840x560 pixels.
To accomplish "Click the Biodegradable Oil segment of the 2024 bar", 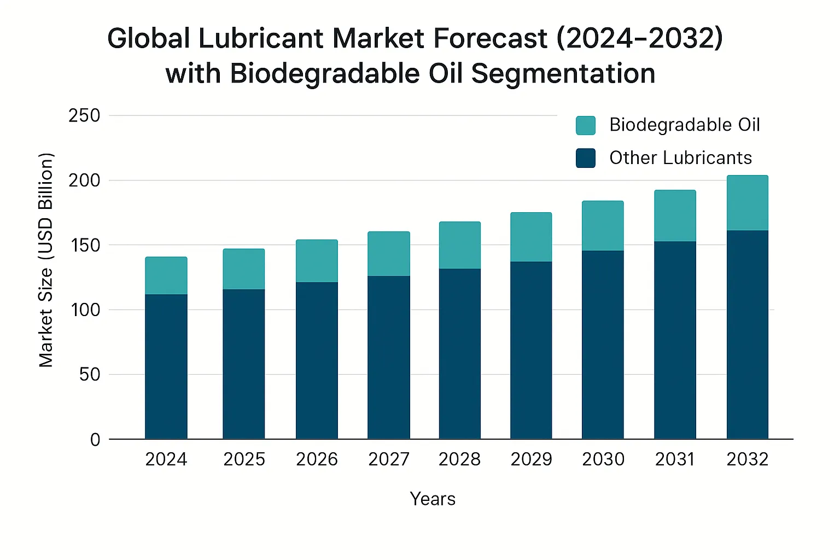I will click(166, 276).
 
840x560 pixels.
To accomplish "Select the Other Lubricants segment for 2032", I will click(747, 334).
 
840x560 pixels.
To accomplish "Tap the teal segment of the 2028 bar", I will click(459, 245).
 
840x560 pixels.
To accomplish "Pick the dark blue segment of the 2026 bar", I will click(317, 360).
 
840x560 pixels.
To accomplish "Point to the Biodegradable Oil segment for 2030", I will click(603, 225).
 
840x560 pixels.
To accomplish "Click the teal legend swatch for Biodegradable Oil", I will click(585, 125).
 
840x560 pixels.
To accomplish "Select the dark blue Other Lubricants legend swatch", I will click(585, 158).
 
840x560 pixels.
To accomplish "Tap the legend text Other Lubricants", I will click(680, 158).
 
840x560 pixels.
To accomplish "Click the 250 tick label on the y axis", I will click(84, 116).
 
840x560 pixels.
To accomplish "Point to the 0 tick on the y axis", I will click(95, 440).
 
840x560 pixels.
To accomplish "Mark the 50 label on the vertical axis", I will click(90, 375).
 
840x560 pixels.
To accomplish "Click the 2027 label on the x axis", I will click(389, 459).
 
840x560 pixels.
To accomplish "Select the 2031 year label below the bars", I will click(675, 459).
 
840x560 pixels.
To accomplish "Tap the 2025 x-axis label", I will click(244, 459).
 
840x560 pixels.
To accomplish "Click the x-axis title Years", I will click(433, 499).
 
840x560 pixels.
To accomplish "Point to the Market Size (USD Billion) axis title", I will click(46, 260).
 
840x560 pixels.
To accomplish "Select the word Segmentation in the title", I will click(563, 74).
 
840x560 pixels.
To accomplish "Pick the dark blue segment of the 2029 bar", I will click(531, 350).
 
